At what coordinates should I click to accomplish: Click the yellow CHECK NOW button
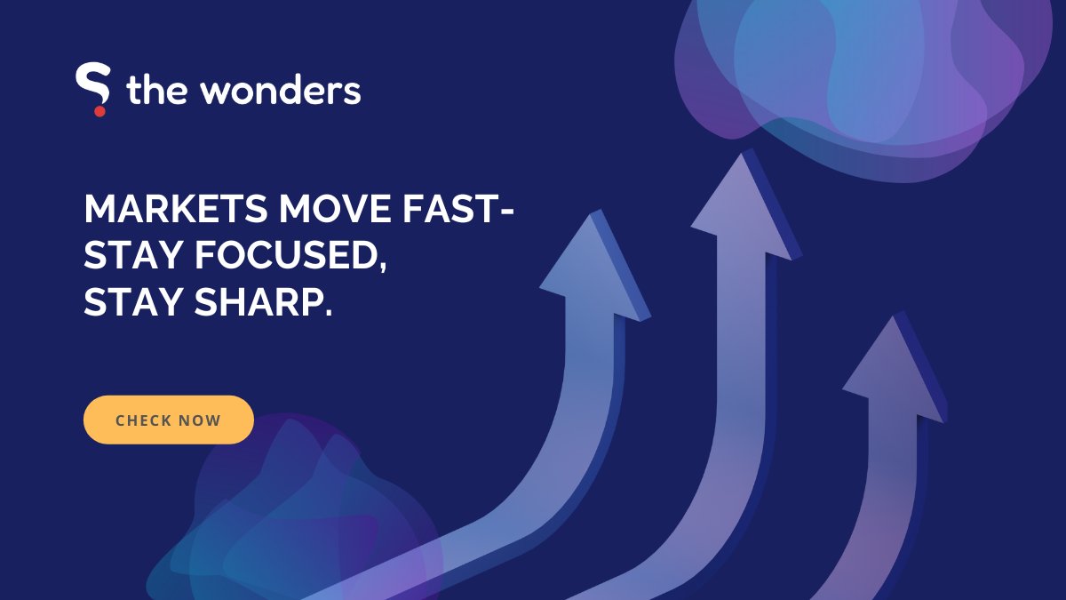coord(169,420)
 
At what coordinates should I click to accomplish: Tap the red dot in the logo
coord(99,110)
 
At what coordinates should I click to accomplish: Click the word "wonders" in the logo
coord(282,92)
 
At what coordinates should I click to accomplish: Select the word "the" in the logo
coord(155,92)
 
